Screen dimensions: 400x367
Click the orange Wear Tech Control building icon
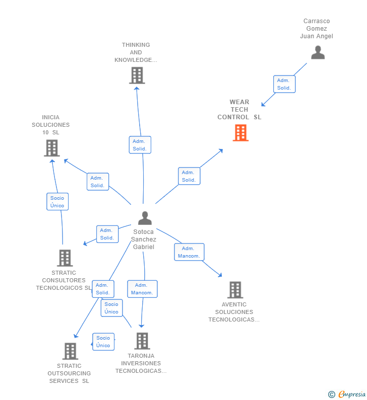[x=240, y=133]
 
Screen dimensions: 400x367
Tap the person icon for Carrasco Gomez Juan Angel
[x=318, y=52]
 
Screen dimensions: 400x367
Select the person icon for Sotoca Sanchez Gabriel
[x=145, y=218]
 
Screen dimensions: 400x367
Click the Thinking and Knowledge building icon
[x=137, y=75]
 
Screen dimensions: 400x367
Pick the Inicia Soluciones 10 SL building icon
[x=51, y=148]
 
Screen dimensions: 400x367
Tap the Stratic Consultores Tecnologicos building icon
[x=65, y=258]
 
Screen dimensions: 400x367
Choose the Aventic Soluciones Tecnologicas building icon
[x=235, y=290]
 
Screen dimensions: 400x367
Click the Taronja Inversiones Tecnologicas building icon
[x=142, y=341]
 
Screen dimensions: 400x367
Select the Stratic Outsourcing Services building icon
[x=70, y=351]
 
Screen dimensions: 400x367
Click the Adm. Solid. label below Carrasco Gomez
[x=284, y=84]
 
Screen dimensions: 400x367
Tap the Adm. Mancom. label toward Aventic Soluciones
[x=189, y=252]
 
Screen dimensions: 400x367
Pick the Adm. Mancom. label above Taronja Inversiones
[x=142, y=289]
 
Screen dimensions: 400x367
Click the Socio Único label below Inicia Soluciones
[x=57, y=202]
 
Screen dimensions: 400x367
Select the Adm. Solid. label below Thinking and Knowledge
[x=140, y=145]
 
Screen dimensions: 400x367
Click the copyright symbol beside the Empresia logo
[x=331, y=394]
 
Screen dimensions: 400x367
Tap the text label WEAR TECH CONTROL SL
[x=239, y=110]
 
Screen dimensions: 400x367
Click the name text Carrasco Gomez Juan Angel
[x=317, y=29]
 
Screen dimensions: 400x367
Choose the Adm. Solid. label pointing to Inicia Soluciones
[x=97, y=182]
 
